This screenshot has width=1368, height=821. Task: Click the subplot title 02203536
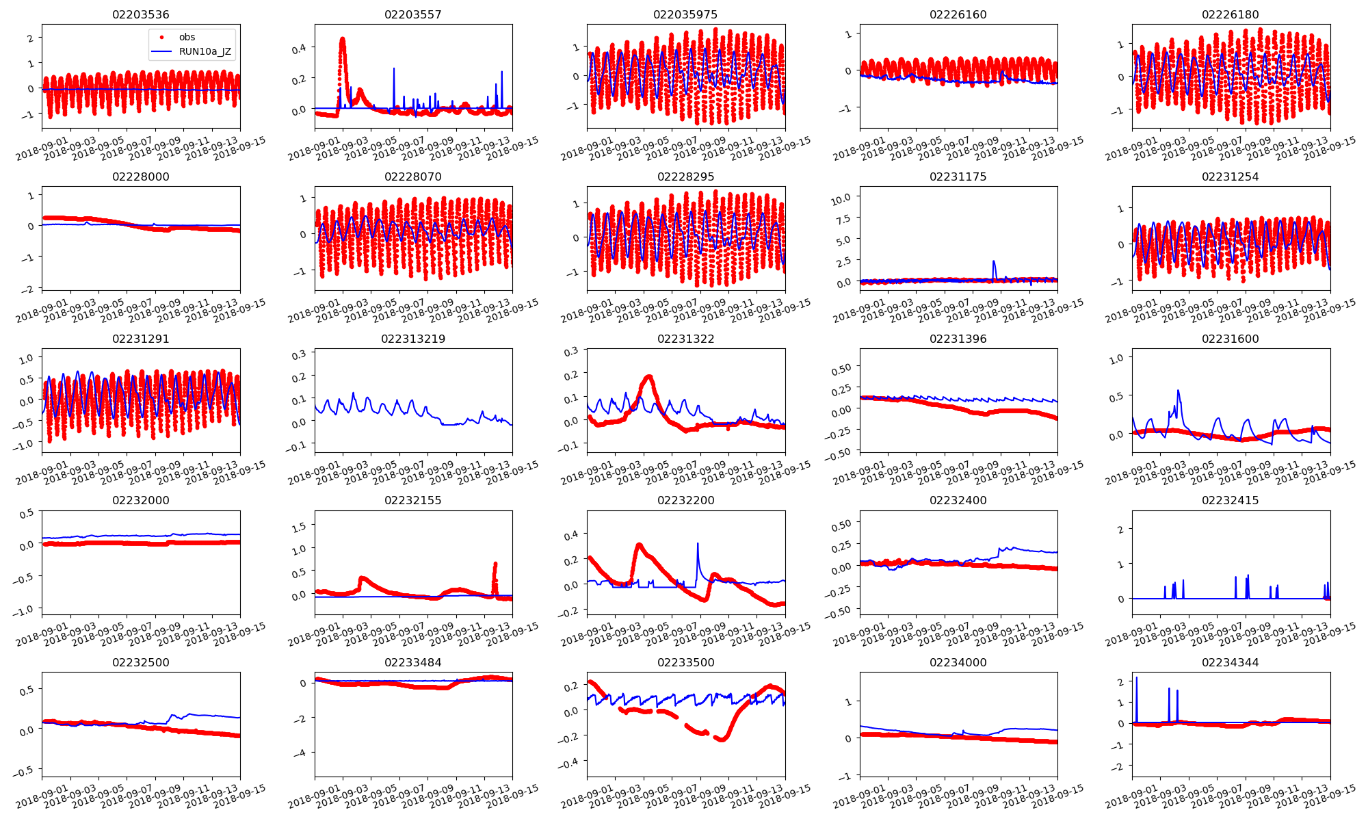tap(140, 14)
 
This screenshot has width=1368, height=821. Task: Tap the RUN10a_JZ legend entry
tap(205, 51)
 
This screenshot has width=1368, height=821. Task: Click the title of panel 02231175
tap(958, 177)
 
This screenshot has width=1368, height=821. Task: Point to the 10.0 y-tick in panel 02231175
tap(841, 198)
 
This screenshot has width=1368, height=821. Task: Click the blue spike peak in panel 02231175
tap(994, 261)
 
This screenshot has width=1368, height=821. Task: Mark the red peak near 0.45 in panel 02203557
tap(342, 39)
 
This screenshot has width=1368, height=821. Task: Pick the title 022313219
tap(412, 339)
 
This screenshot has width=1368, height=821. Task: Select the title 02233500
tap(685, 662)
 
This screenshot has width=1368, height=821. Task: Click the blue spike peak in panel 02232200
tap(698, 543)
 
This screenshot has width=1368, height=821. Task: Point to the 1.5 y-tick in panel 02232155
tap(299, 525)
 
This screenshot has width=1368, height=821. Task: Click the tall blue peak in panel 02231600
tap(1179, 391)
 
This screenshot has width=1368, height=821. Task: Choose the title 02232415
tap(1230, 500)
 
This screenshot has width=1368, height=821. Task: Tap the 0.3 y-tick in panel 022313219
tap(299, 355)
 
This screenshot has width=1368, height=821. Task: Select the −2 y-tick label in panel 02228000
tap(27, 289)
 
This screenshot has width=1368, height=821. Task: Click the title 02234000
tap(958, 662)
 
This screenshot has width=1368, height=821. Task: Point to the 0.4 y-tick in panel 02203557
tap(299, 48)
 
